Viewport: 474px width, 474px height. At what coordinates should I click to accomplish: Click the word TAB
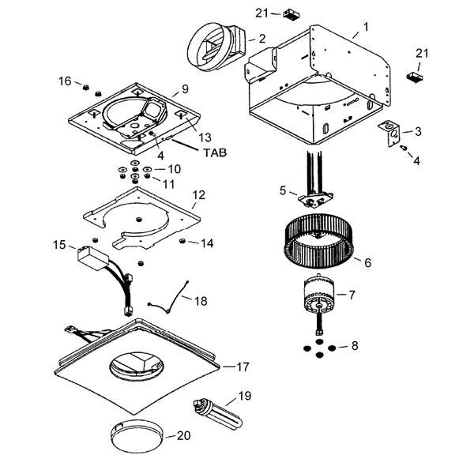tap(215, 152)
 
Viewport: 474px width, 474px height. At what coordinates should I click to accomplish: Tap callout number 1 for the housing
tap(366, 27)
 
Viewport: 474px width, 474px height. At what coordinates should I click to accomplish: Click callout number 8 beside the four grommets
tap(355, 345)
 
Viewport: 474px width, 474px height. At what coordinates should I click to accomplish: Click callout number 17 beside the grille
tap(243, 367)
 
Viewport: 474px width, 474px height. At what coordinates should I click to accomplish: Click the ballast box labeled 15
tap(92, 258)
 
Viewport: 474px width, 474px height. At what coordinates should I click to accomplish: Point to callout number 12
tap(198, 195)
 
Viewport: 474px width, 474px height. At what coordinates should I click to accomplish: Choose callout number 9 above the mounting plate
tap(185, 88)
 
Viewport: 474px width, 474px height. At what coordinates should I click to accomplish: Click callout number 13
tap(205, 137)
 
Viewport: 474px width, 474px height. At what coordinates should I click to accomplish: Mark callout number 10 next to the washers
tap(174, 169)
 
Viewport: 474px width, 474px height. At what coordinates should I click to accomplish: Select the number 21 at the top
tap(261, 13)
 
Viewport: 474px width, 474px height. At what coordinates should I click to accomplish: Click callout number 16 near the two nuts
tap(65, 81)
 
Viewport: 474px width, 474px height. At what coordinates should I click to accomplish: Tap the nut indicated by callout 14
tap(182, 241)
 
